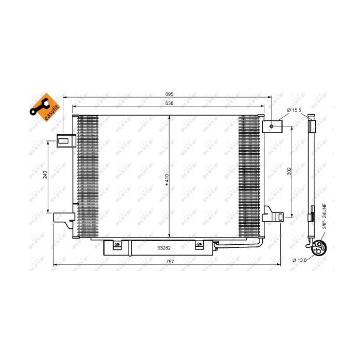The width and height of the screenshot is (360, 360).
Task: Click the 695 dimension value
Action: pos(169,94)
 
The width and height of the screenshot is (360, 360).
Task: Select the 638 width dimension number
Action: pos(169,103)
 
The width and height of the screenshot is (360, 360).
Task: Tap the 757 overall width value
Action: pos(169,262)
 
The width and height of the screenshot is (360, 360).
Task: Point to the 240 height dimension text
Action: pos(45,175)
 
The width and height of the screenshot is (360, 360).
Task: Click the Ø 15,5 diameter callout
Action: pos(293,110)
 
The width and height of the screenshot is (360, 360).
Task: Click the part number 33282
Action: pos(165,247)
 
